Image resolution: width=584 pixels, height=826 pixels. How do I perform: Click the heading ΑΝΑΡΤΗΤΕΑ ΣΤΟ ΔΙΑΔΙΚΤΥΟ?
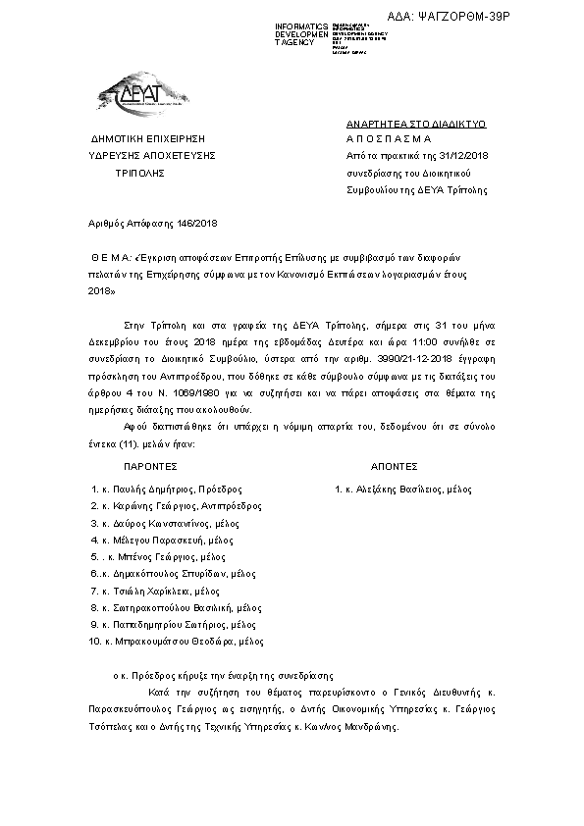(x=416, y=126)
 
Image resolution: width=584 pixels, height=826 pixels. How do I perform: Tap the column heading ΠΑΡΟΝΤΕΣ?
(x=149, y=467)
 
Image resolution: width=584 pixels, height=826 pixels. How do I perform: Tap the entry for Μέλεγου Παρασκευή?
(x=160, y=541)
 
